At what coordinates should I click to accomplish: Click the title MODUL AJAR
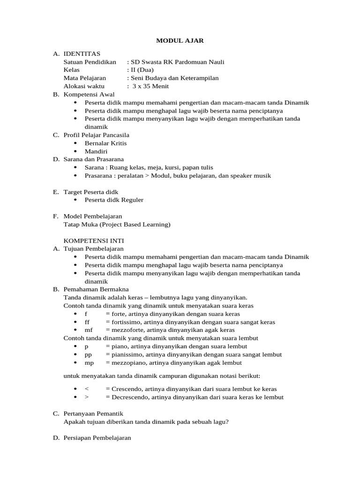pos(180,41)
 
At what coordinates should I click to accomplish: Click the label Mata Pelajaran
pos(85,78)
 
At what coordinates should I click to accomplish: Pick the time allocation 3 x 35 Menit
pos(150,86)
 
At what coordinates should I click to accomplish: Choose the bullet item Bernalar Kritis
pos(105,143)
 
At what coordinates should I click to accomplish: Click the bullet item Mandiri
pos(96,151)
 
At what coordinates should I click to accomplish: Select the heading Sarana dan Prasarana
pos(96,159)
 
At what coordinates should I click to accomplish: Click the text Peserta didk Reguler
pos(114,200)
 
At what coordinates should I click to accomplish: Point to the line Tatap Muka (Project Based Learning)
pos(117,225)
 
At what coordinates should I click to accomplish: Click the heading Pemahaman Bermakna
pos(96,289)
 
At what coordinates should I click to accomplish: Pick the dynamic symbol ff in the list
pos(87,322)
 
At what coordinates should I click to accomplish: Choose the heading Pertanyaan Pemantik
pos(93,413)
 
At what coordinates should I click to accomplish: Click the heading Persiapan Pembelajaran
pos(97,438)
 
